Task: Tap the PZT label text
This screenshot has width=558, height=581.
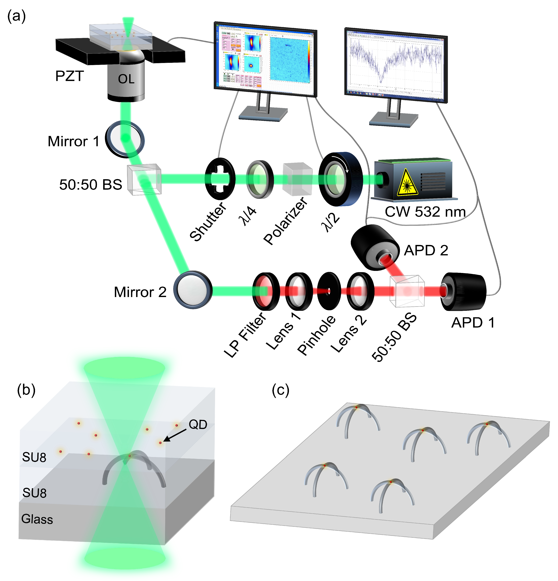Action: click(69, 76)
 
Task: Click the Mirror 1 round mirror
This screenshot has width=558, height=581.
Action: click(125, 139)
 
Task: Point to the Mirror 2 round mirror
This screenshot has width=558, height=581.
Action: click(193, 290)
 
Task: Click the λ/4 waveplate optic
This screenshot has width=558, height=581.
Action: click(260, 179)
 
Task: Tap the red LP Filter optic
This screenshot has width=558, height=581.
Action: click(266, 291)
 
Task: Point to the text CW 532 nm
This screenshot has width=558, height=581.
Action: click(425, 212)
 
